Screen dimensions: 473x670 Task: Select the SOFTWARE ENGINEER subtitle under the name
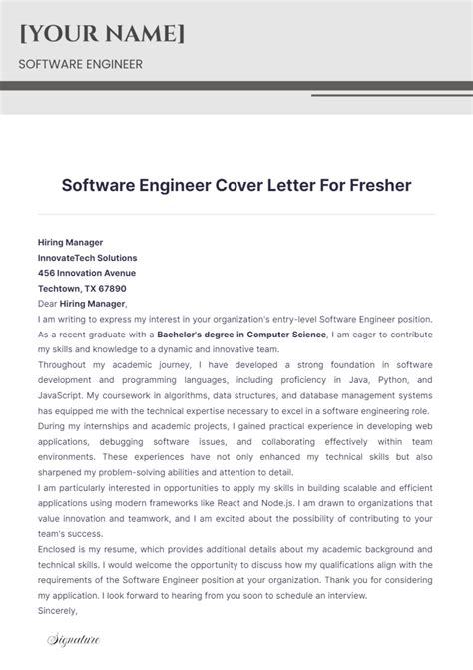(80, 65)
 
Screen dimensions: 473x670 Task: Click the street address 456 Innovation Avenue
(87, 272)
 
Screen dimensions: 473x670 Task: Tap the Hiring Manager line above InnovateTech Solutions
(70, 242)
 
